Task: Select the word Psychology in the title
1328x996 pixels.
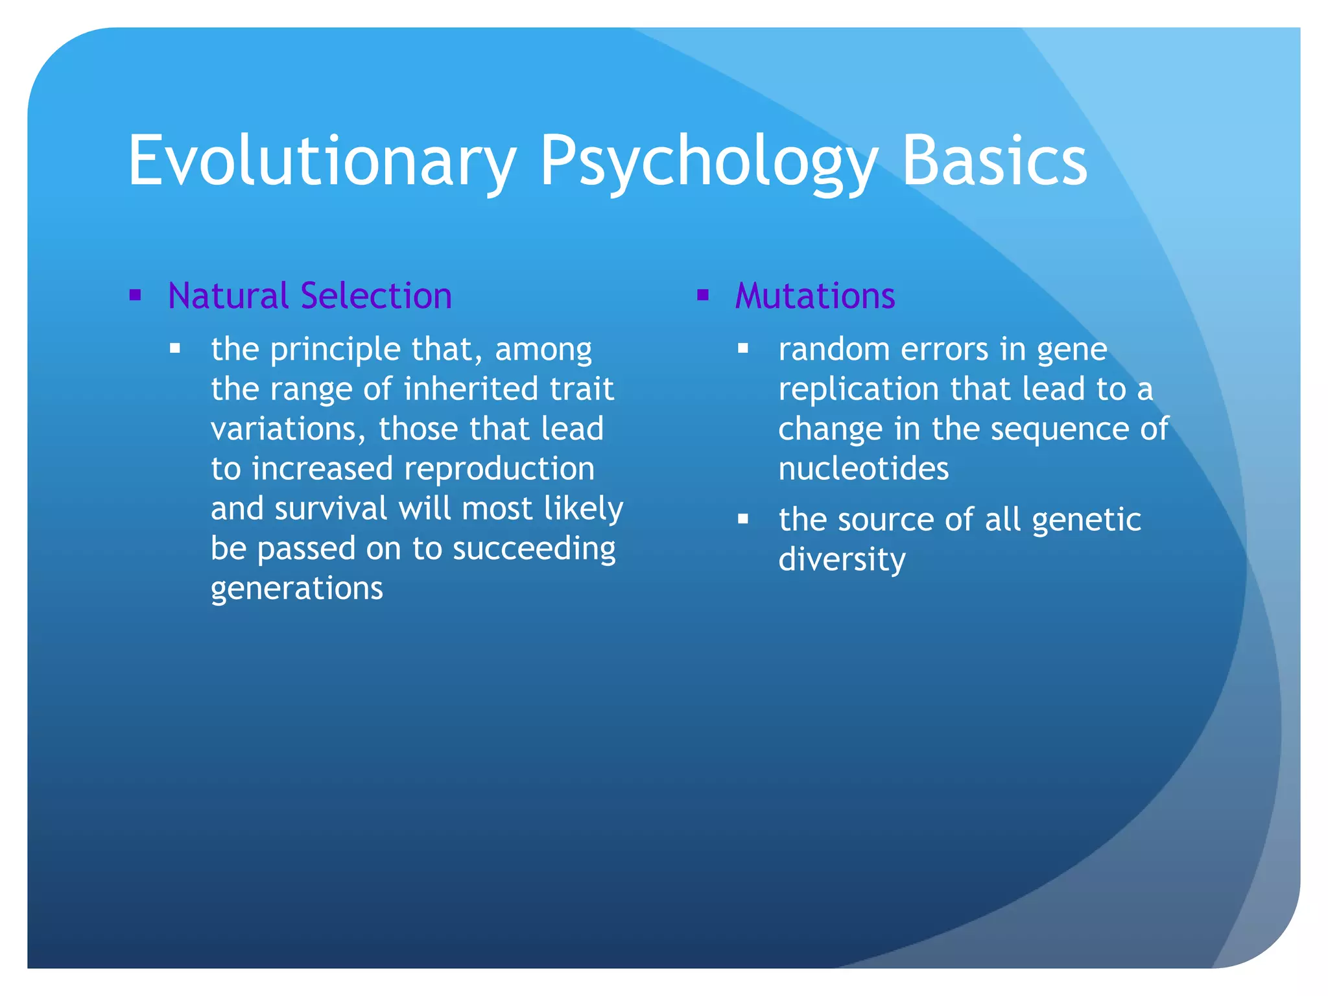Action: pyautogui.click(x=708, y=161)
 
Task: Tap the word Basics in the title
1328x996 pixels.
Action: pyautogui.click(x=994, y=161)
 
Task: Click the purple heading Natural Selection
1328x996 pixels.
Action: pyautogui.click(x=309, y=296)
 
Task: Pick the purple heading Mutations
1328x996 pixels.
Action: pyautogui.click(x=815, y=296)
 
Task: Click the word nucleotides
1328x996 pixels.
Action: pyautogui.click(x=863, y=469)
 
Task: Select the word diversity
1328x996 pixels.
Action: pyautogui.click(x=842, y=560)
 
